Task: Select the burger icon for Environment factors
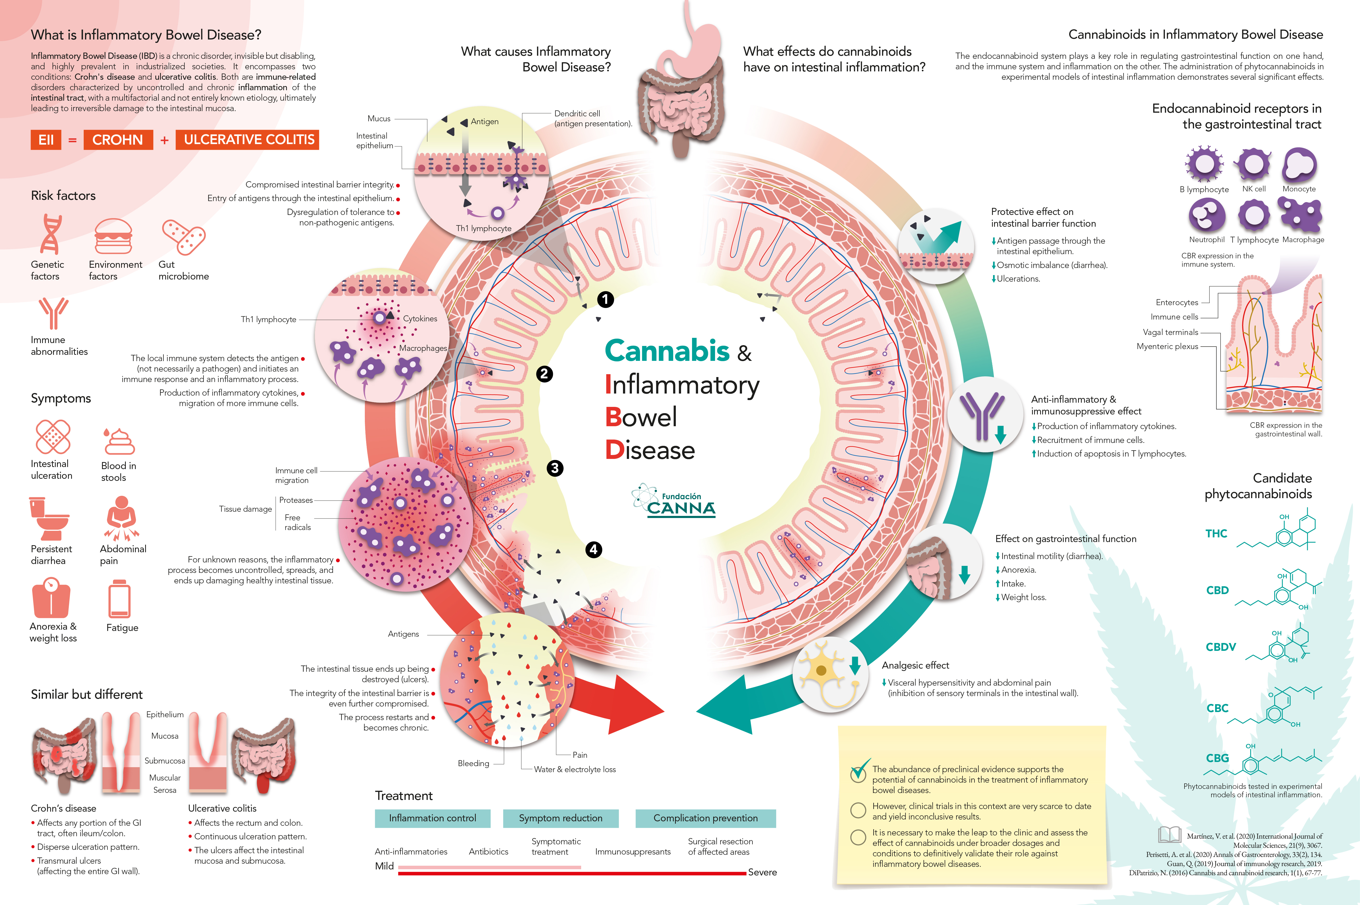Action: (x=113, y=236)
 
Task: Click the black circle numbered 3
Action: (x=555, y=468)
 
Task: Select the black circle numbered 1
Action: (x=605, y=299)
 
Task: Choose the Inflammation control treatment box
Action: (x=432, y=818)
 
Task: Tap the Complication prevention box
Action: (x=705, y=818)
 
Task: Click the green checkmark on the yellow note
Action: (x=860, y=769)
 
